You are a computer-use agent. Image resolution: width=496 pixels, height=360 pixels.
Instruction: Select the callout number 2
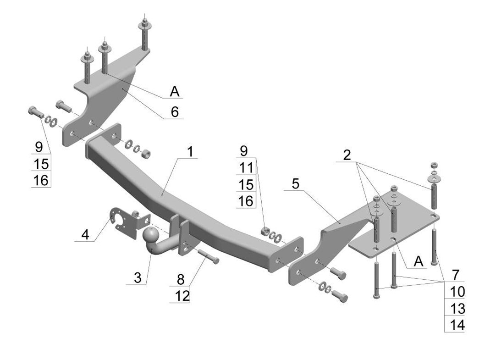347,155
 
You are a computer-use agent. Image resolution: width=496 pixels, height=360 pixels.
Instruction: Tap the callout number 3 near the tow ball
137,277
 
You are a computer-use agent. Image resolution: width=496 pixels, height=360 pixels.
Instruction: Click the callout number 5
295,184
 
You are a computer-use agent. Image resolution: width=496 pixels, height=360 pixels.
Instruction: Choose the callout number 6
174,112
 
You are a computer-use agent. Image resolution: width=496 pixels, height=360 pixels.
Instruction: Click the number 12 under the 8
182,296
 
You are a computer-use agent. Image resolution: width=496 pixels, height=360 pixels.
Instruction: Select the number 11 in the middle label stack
246,168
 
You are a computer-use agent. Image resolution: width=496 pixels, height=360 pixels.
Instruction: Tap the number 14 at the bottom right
457,325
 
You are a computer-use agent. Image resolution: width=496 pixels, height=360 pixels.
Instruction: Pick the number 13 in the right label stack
457,309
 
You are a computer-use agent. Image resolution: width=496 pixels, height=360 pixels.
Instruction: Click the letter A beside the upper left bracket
174,92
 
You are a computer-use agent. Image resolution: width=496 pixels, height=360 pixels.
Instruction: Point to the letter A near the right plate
418,261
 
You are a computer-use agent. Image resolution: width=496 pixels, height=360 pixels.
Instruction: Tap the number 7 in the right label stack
455,275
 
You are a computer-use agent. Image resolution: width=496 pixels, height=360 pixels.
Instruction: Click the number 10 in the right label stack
457,292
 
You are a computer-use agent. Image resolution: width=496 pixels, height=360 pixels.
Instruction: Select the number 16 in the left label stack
41,180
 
